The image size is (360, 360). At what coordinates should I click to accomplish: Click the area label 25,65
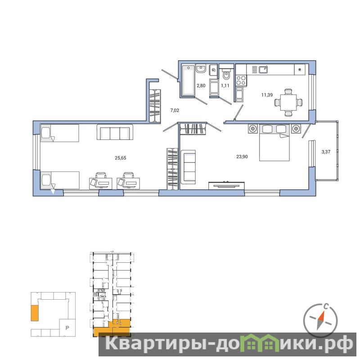point(121,158)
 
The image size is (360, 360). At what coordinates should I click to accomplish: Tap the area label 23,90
point(242,157)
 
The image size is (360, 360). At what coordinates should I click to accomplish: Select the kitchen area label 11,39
point(267,95)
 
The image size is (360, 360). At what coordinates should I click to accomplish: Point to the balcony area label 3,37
point(326,152)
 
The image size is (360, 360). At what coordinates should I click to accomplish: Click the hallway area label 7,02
point(175,110)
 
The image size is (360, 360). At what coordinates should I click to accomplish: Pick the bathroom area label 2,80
point(201,85)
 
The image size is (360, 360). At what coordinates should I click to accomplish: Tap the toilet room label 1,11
point(225,85)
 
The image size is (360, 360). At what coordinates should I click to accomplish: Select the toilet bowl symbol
point(226,73)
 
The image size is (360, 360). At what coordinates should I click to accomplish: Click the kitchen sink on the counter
point(263,69)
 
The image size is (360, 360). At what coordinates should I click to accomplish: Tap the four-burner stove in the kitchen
point(241,81)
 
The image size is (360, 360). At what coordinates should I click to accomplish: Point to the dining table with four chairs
point(288,103)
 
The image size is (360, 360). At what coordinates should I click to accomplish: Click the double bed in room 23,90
point(274,142)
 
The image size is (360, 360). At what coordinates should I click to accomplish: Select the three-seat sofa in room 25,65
point(115,132)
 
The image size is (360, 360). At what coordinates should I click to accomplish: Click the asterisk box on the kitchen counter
point(300,70)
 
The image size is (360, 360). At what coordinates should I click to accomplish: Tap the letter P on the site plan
point(67,328)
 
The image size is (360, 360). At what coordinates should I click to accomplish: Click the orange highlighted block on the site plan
point(35,313)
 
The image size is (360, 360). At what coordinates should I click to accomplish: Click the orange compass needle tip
point(323,312)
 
